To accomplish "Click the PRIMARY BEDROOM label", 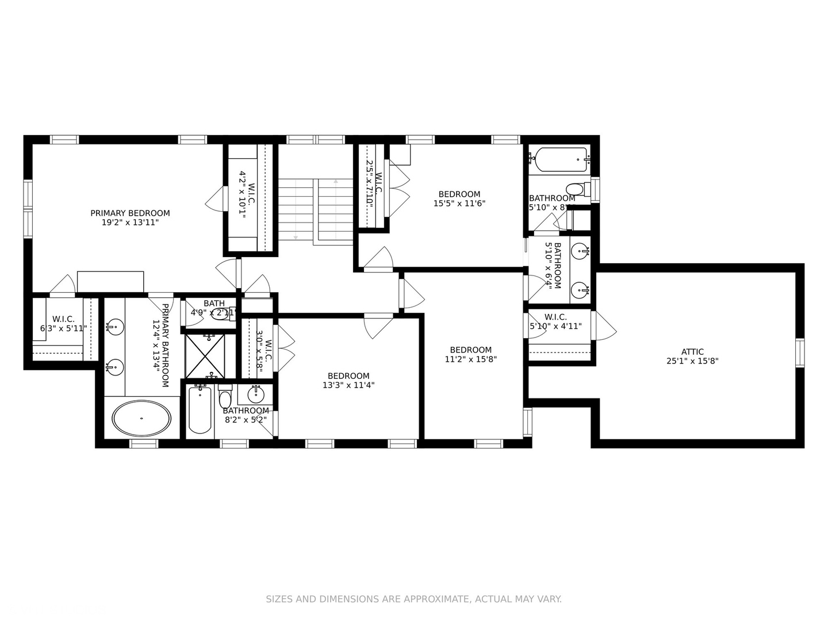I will tap(130, 213).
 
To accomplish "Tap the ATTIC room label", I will tap(692, 352).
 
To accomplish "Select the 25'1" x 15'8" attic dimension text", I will tap(692, 362).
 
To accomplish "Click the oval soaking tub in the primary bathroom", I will tap(141, 418).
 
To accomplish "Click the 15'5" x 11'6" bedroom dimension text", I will tap(459, 203).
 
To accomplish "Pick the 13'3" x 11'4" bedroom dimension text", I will tap(348, 385).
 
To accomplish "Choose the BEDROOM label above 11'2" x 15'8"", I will tap(470, 350).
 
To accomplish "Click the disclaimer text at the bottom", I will tap(413, 599).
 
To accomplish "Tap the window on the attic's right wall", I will tap(799, 352).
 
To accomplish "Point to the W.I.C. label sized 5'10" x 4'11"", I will tap(555, 317).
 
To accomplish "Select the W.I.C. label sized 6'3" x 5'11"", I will tap(63, 319).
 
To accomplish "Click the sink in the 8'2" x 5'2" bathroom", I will tap(256, 394).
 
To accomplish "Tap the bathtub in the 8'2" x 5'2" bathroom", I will tap(200, 410).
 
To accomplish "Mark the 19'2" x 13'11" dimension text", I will tap(130, 222).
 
